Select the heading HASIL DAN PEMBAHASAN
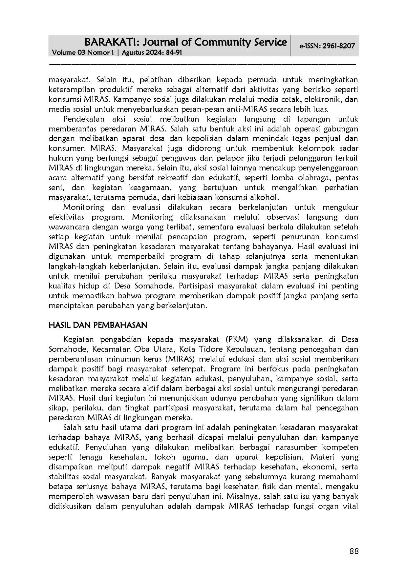pyautogui.click(x=98, y=325)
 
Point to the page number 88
pyautogui.click(x=354, y=551)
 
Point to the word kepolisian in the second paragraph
pyautogui.click(x=214, y=139)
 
